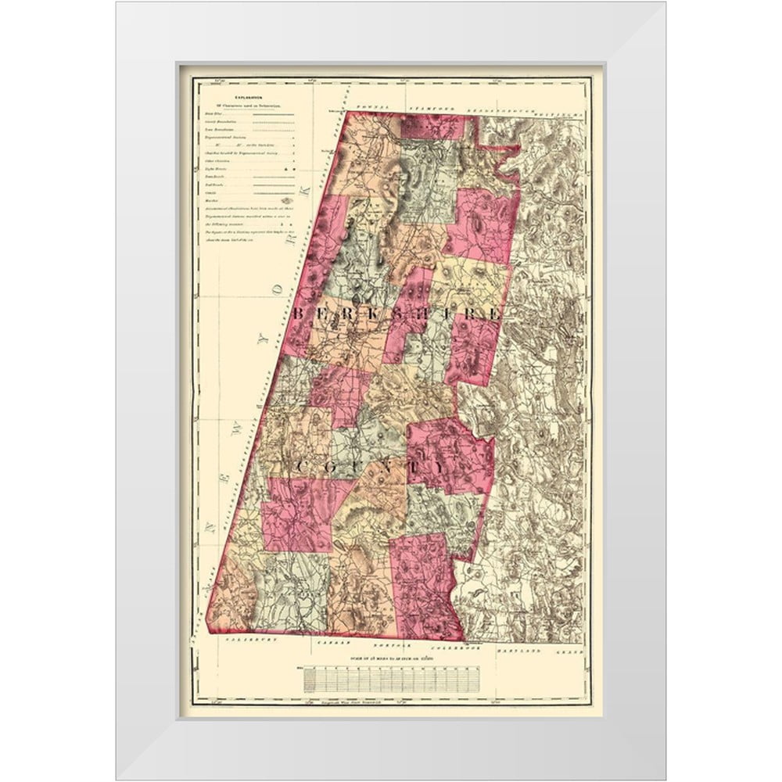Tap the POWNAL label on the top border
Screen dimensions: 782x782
[x=371, y=104]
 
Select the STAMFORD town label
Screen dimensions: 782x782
[x=431, y=104]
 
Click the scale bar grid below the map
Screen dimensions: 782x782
[x=390, y=678]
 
